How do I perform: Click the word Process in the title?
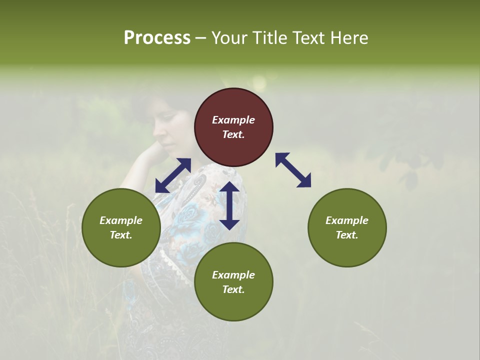[x=157, y=38]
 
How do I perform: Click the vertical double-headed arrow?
[x=229, y=205]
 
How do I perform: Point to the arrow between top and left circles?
[x=173, y=175]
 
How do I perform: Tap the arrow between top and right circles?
[x=293, y=170]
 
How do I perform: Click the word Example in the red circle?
[x=233, y=120]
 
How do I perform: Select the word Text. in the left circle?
[x=121, y=235]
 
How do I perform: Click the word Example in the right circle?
[x=347, y=220]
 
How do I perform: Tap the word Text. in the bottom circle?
[x=233, y=289]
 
